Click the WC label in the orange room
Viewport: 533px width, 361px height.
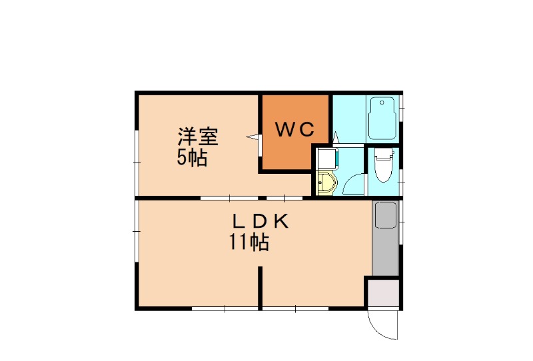[x=295, y=130]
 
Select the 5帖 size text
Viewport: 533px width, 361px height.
[x=191, y=159]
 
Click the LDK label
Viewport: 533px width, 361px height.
[x=261, y=222]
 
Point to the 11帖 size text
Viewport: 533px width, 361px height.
[x=249, y=243]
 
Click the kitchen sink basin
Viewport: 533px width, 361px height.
[x=385, y=214]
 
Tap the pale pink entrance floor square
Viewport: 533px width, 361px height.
[x=383, y=293]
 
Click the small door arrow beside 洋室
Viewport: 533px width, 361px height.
[x=253, y=137]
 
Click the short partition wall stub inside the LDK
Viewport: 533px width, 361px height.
[x=261, y=286]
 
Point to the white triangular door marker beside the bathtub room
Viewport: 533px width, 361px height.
[x=336, y=138]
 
